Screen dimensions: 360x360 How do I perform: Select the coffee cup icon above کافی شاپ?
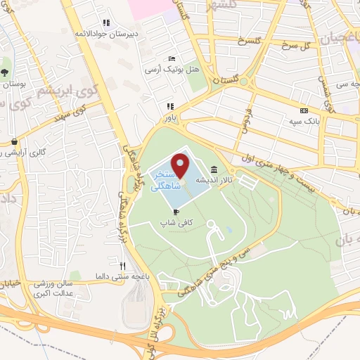pos(176,211)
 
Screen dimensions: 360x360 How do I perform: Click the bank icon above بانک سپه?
pos(304,110)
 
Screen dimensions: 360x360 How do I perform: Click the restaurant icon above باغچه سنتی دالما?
pos(122,266)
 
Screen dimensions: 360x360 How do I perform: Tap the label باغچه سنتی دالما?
pos(123,277)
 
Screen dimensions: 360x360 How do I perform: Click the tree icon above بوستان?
pos(4,72)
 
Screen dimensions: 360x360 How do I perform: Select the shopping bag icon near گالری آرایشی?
pos(13,141)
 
